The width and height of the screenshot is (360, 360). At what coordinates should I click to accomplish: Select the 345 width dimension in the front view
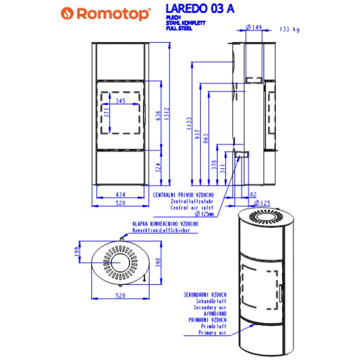(x=120, y=101)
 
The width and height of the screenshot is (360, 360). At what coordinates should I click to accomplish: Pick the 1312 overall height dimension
(x=166, y=112)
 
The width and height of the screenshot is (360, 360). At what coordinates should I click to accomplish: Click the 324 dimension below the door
(x=158, y=167)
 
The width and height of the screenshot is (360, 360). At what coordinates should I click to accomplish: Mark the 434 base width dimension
(x=121, y=194)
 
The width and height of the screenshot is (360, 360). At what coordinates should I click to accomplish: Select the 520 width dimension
(x=121, y=203)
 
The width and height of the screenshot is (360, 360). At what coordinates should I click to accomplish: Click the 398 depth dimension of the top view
(x=157, y=262)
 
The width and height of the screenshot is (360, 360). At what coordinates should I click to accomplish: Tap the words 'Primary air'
(x=211, y=333)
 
